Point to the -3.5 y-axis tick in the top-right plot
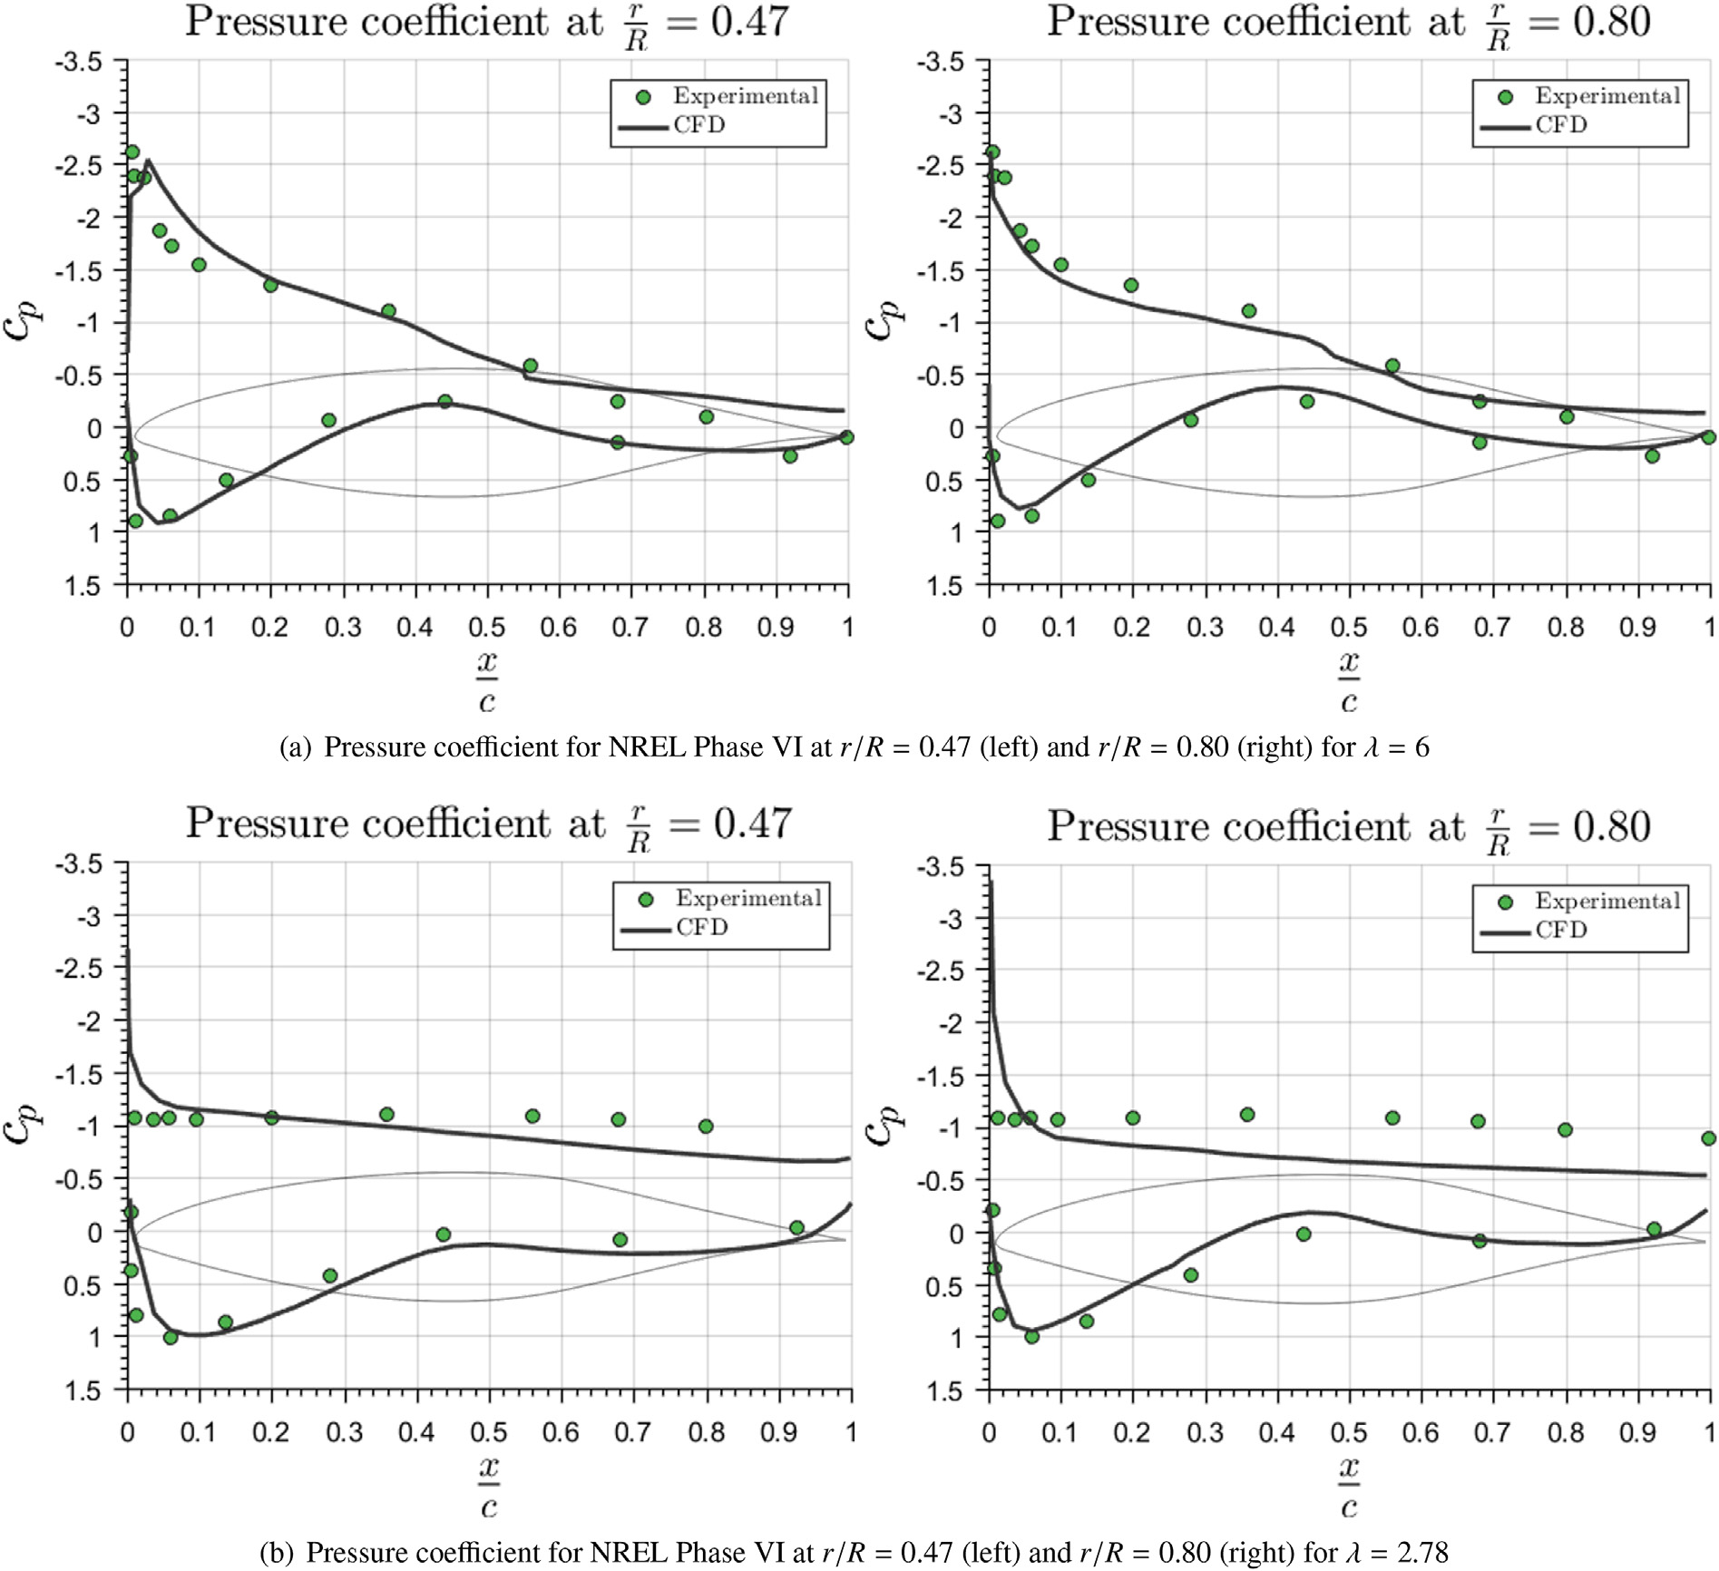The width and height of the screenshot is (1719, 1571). [x=940, y=63]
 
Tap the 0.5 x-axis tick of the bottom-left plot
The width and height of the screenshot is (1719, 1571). [x=488, y=1432]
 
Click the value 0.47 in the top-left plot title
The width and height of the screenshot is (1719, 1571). [x=749, y=22]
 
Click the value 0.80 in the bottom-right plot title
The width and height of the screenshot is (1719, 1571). [x=1611, y=826]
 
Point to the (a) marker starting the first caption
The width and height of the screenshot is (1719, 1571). [x=296, y=747]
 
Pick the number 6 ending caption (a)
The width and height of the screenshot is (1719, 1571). [x=1421, y=747]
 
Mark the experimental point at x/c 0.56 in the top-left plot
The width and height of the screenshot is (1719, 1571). [x=531, y=366]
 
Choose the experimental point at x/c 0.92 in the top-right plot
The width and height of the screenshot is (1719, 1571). [x=1652, y=456]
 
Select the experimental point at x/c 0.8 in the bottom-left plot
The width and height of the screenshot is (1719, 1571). [x=706, y=1127]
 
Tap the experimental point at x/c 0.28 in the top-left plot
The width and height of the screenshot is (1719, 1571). [x=329, y=421]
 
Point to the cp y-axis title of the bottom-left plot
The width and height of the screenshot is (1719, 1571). [x=22, y=1125]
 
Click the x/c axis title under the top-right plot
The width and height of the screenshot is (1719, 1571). [x=1349, y=681]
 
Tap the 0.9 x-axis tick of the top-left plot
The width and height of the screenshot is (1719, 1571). [x=776, y=627]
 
